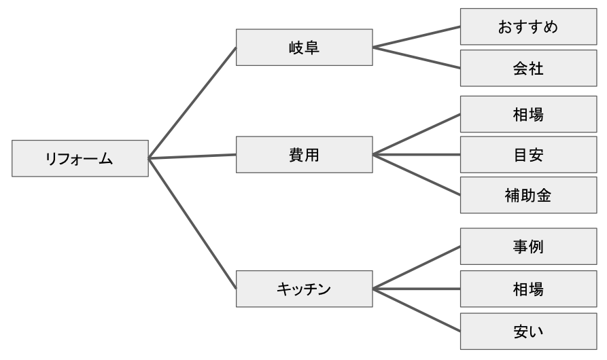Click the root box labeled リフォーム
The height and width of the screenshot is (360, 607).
click(80, 158)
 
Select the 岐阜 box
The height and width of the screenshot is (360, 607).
click(305, 47)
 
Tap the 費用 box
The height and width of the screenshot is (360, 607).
click(305, 155)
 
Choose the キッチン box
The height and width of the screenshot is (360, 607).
click(305, 289)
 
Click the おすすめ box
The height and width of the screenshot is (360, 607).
click(528, 26)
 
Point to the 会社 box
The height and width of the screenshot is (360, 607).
click(528, 68)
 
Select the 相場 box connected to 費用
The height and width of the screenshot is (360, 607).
click(528, 114)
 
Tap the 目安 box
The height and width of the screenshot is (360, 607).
click(528, 155)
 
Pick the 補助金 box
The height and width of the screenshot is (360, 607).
click(528, 195)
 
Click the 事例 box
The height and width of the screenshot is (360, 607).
click(528, 247)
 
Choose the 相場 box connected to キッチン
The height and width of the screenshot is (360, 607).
click(528, 289)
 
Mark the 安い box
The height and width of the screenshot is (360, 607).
click(528, 331)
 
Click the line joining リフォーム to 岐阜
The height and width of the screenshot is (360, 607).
click(192, 103)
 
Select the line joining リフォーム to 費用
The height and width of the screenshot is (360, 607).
click(192, 157)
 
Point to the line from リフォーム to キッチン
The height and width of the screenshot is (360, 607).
click(192, 223)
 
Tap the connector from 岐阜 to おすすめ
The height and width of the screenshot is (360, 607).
click(417, 37)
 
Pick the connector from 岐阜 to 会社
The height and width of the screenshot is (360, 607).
click(417, 58)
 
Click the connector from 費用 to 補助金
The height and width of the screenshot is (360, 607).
click(417, 175)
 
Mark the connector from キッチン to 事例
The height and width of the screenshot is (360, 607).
click(417, 268)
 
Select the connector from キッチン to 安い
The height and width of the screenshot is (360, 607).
click(417, 310)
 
